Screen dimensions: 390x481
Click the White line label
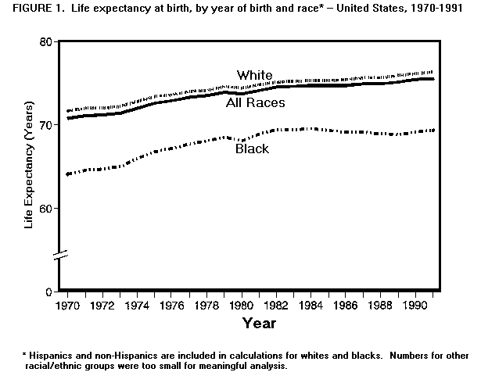pyautogui.click(x=255, y=75)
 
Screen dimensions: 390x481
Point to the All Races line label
pyautogui.click(x=256, y=102)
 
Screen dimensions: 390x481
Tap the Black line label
pyautogui.click(x=252, y=148)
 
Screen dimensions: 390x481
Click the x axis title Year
pyautogui.click(x=258, y=323)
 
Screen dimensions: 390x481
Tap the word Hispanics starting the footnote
pyautogui.click(x=53, y=356)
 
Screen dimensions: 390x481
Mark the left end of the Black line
pyautogui.click(x=69, y=174)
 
